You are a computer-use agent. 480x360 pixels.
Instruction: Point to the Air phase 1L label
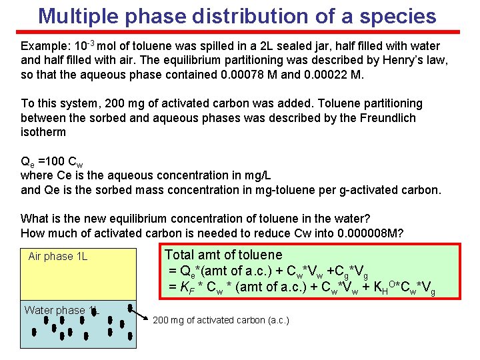[x=58, y=256]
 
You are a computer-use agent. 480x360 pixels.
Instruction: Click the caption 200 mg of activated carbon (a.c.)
[x=221, y=321]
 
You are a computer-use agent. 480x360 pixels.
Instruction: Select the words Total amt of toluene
[x=223, y=255]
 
